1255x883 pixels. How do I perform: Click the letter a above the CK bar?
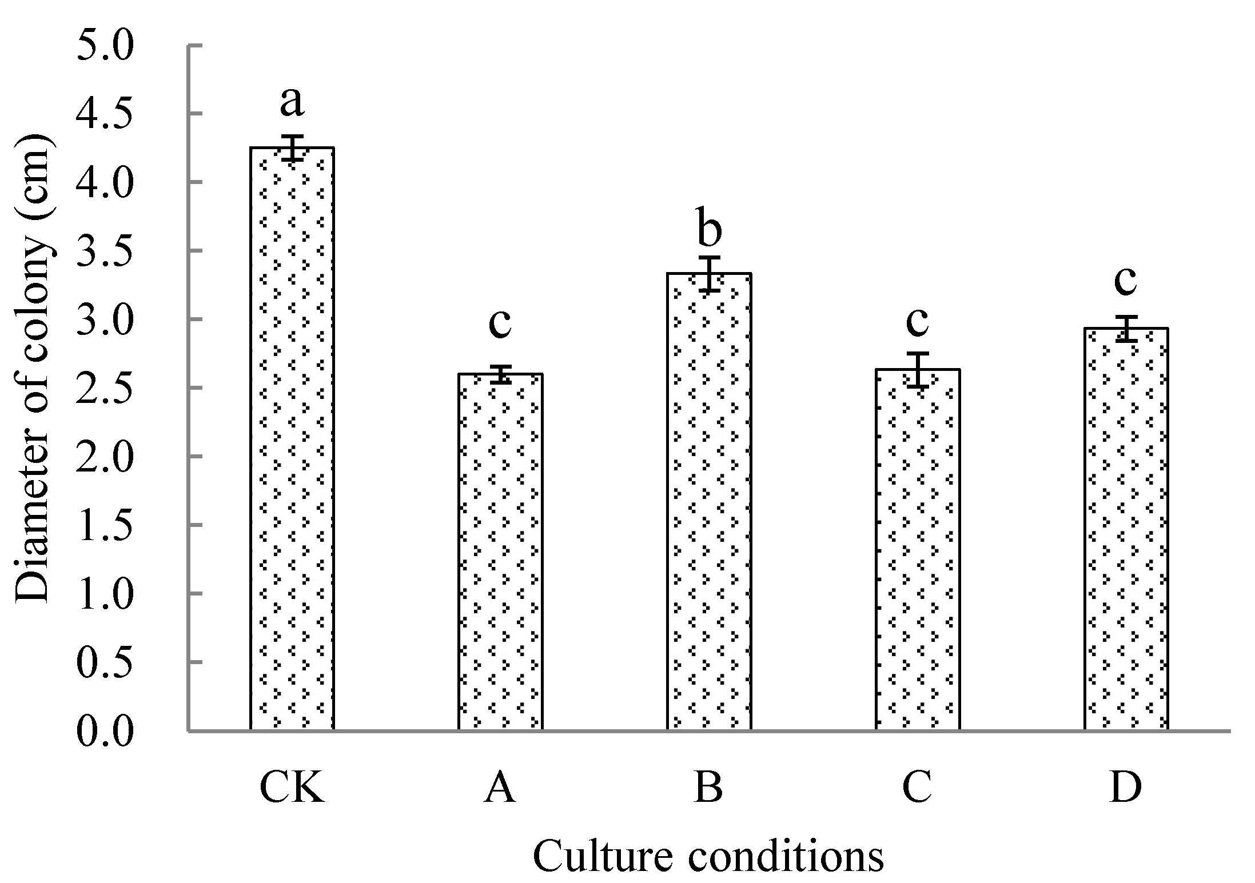tap(292, 103)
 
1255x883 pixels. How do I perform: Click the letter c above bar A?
tap(500, 323)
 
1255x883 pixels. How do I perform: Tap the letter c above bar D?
tap(1126, 281)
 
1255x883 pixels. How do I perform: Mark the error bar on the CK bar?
tap(292, 147)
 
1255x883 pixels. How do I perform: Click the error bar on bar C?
tap(918, 370)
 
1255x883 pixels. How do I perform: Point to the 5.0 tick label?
tap(105, 47)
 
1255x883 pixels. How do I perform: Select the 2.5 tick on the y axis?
tap(105, 389)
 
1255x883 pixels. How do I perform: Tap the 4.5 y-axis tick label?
tap(105, 115)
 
